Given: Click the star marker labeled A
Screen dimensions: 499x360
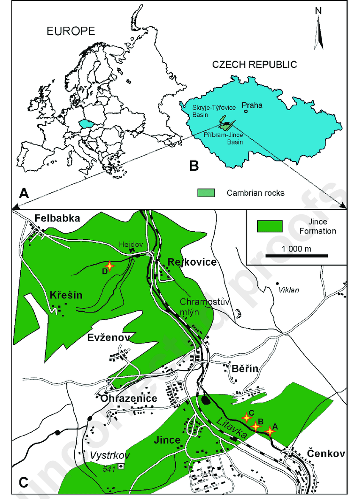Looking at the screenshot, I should click(x=270, y=431).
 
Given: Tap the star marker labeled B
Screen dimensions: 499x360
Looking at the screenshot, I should click(x=255, y=426).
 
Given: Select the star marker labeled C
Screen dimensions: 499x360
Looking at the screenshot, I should click(x=246, y=418).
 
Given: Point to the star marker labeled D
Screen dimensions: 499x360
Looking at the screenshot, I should click(x=110, y=266).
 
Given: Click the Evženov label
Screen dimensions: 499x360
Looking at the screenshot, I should click(x=108, y=337).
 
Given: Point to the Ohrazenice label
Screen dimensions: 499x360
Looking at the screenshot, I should click(x=129, y=399).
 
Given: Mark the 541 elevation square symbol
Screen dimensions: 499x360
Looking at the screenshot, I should click(x=121, y=467).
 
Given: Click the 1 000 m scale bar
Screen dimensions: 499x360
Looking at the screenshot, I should click(x=296, y=255).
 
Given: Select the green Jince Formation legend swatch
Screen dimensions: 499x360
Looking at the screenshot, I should click(x=270, y=227).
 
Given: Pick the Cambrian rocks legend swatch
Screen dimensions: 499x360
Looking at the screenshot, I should click(x=206, y=193).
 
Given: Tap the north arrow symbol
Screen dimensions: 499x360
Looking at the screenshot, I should click(x=321, y=32).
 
